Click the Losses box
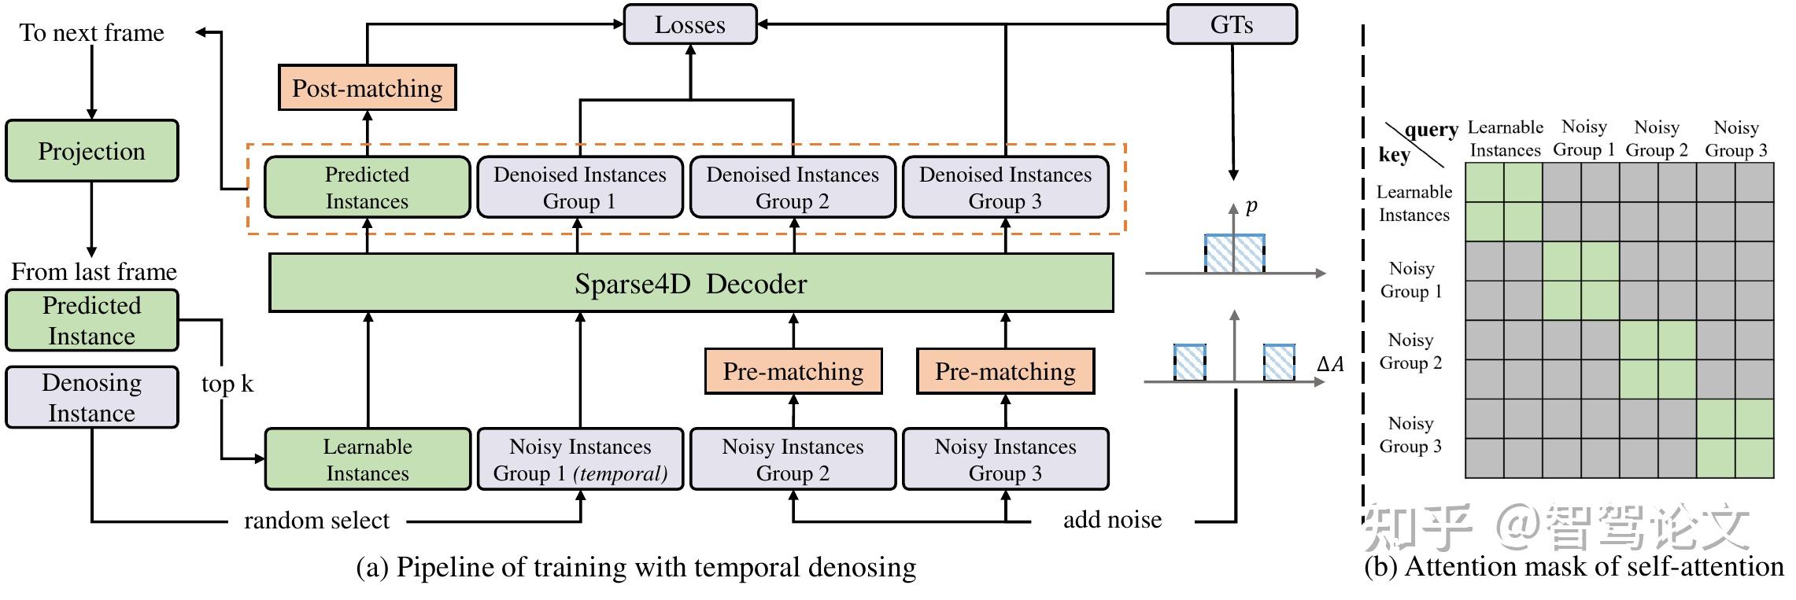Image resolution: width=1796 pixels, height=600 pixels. click(689, 24)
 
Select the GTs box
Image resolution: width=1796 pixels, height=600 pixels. click(1231, 24)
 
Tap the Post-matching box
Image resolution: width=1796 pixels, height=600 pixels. click(368, 87)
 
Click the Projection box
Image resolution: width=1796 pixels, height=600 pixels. click(91, 151)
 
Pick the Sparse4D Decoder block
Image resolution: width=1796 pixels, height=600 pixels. click(690, 283)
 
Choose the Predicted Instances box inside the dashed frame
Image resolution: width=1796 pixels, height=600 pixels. click(367, 187)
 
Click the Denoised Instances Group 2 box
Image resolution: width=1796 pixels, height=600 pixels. click(793, 187)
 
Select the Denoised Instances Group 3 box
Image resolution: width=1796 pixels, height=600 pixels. click(1005, 187)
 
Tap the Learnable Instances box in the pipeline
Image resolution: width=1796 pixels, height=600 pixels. click(368, 459)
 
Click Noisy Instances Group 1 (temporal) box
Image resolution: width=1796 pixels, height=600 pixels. click(580, 459)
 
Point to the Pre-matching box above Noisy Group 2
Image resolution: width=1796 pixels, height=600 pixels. click(793, 371)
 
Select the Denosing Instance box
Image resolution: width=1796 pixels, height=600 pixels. click(91, 397)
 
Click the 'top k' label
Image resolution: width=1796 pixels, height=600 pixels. click(227, 384)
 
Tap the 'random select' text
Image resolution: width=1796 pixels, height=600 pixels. click(316, 521)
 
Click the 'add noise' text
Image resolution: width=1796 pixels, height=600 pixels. click(1112, 520)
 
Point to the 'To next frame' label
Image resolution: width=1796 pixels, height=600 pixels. click(91, 33)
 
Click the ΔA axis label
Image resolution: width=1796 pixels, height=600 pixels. click(1330, 364)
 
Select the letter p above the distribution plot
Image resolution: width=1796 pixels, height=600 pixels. click(1251, 206)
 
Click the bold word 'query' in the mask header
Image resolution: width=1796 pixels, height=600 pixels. click(1432, 130)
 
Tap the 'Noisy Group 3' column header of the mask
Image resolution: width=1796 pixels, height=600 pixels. click(1735, 138)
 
